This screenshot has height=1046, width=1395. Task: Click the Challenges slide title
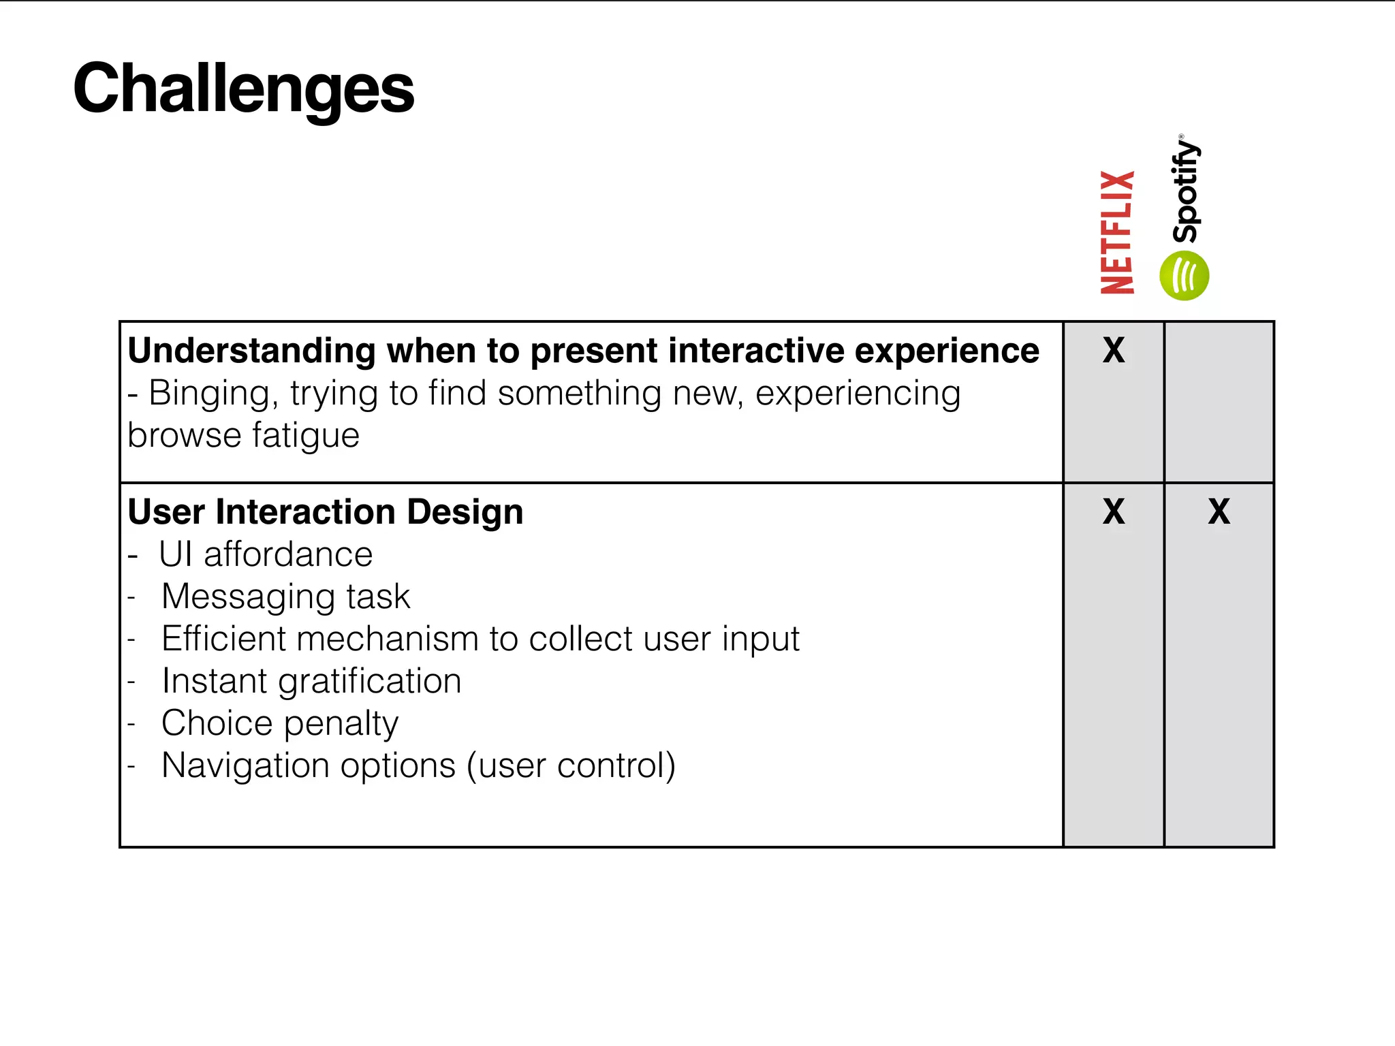point(243,89)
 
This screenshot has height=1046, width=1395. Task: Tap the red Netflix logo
point(1118,232)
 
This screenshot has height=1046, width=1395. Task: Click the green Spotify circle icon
point(1184,276)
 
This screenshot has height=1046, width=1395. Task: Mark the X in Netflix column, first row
point(1114,351)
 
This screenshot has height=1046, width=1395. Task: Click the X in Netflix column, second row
point(1114,511)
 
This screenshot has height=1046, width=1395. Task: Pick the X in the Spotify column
point(1219,511)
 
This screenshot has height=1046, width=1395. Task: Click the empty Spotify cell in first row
point(1219,402)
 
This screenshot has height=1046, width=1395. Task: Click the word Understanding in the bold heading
point(251,351)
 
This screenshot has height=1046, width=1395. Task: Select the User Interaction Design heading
point(326,512)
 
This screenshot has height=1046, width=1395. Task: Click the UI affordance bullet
point(266,554)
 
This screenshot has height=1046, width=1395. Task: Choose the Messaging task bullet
point(285,597)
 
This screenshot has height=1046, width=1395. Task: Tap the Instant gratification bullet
point(311,681)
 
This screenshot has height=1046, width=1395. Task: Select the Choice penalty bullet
point(279,723)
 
